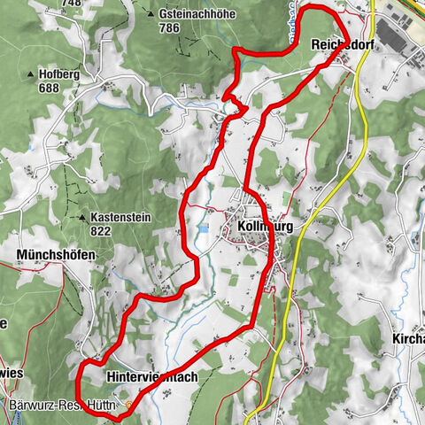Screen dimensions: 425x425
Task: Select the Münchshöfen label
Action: pyautogui.click(x=55, y=254)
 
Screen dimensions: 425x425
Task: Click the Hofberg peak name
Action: pyautogui.click(x=59, y=75)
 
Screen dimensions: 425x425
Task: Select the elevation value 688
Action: pyautogui.click(x=50, y=89)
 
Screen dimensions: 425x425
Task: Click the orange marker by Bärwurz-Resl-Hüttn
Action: pyautogui.click(x=129, y=406)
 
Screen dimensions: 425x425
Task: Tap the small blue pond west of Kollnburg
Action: pyautogui.click(x=205, y=228)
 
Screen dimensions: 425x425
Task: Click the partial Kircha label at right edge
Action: pyautogui.click(x=407, y=339)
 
